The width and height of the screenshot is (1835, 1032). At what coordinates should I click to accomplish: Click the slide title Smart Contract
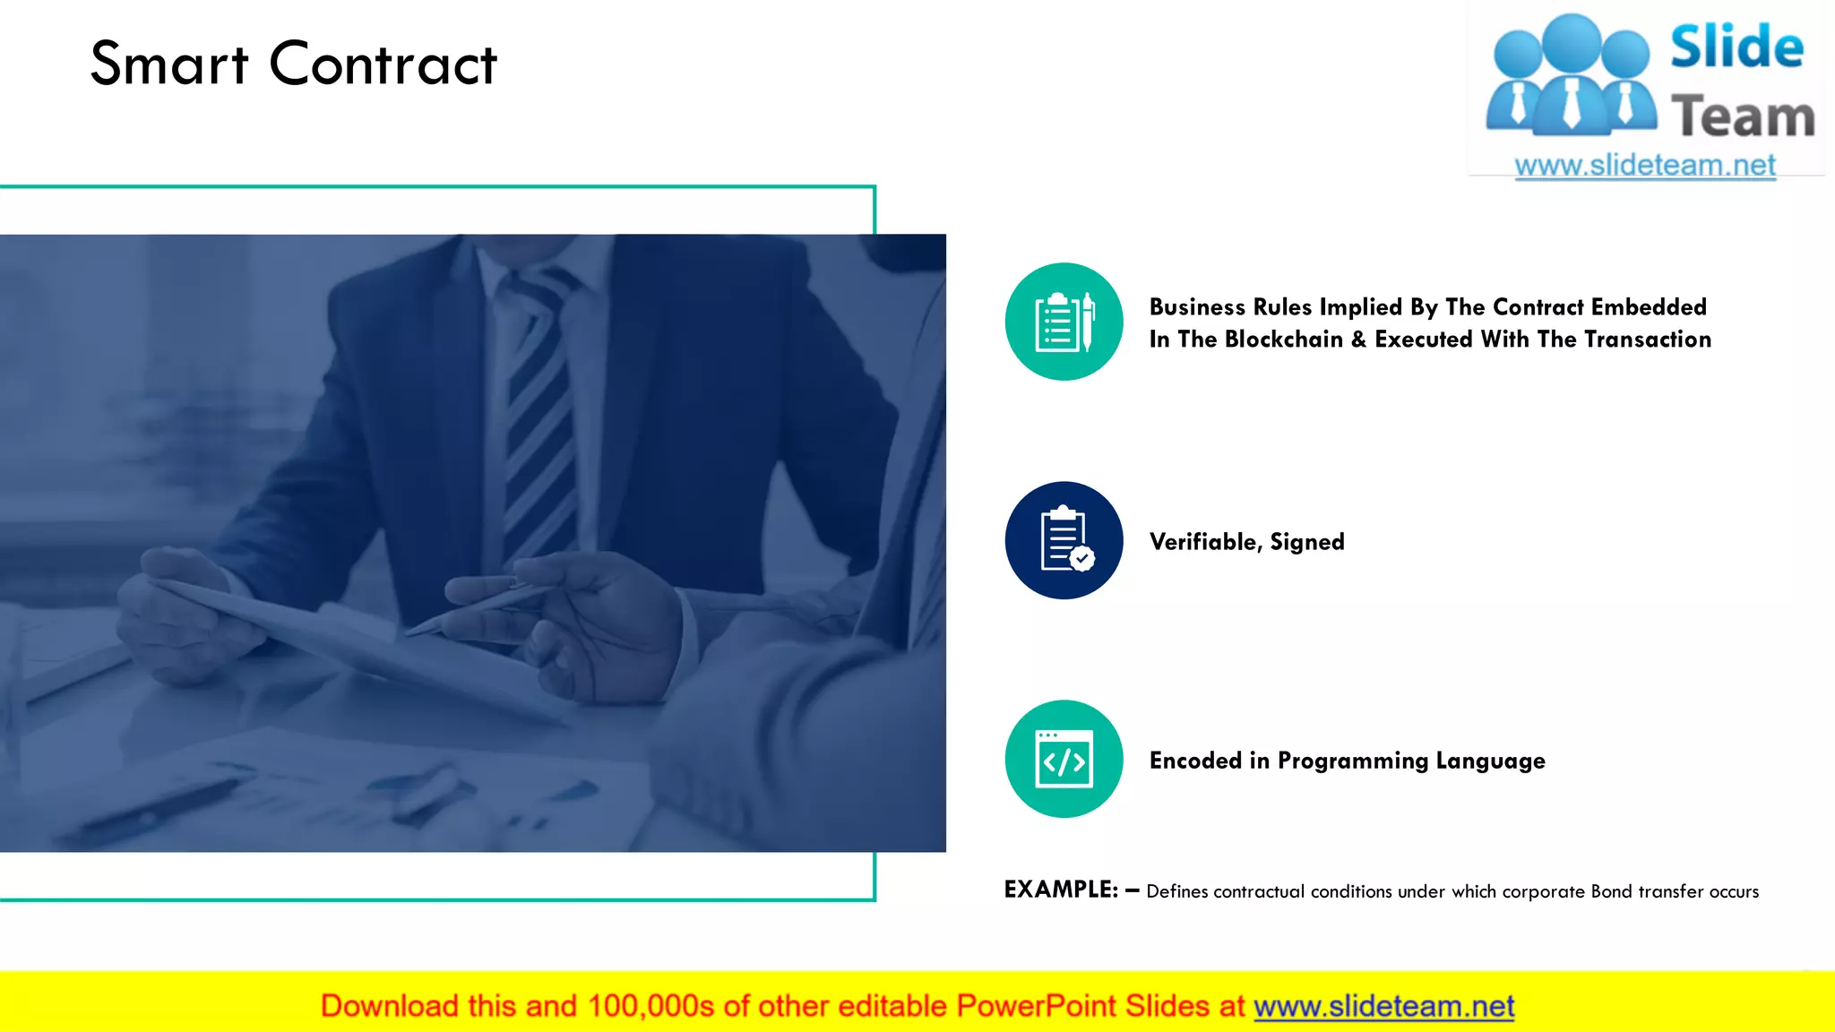293,64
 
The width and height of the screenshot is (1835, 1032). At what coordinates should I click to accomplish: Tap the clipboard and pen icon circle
1064,322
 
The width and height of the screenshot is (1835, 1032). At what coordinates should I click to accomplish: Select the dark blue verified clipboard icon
1064,540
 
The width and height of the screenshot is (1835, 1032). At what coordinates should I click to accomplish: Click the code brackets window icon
1064,759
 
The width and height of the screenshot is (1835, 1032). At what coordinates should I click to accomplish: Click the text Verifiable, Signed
1246,542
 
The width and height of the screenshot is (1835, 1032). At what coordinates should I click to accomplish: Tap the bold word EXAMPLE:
1061,890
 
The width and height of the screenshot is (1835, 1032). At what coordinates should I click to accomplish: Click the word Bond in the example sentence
1611,891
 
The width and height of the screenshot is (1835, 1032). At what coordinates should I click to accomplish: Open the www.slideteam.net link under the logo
1645,166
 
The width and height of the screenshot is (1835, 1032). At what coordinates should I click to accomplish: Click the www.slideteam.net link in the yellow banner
1383,1006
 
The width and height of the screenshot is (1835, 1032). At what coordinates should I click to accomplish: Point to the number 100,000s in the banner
650,1006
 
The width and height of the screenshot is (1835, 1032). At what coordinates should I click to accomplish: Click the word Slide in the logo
1736,47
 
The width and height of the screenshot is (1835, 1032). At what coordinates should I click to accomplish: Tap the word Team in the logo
1743,117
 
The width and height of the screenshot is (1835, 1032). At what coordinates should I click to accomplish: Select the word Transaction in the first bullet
1648,340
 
